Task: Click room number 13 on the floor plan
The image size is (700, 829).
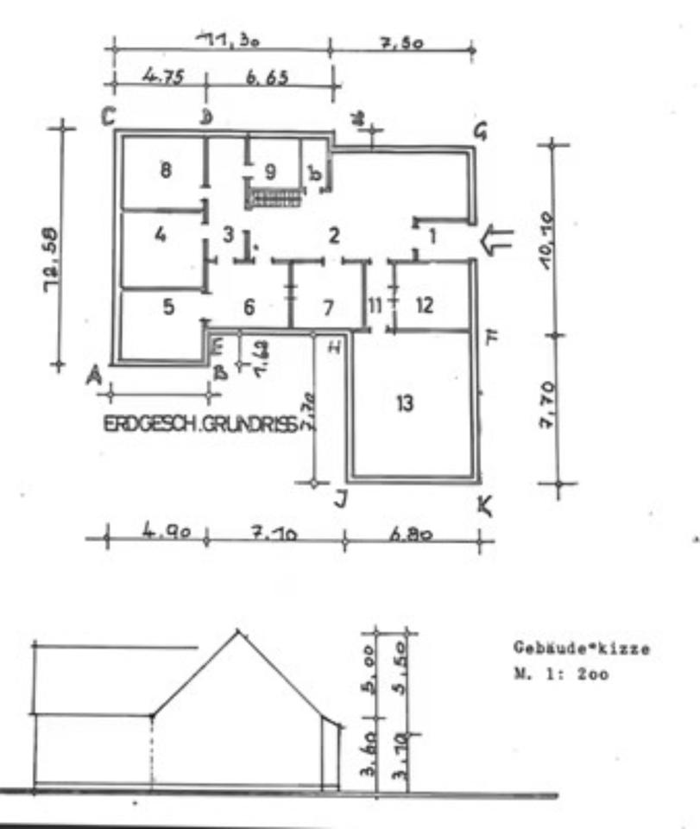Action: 406,403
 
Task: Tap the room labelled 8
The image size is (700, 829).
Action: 166,170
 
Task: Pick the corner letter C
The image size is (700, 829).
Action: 109,117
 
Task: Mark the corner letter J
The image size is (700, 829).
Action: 340,499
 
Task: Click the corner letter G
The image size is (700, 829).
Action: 480,131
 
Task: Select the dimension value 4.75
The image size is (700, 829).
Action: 157,76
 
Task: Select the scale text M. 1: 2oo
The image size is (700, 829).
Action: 561,674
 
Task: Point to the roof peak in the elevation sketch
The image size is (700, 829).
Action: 237,632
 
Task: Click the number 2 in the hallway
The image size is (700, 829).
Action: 334,234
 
